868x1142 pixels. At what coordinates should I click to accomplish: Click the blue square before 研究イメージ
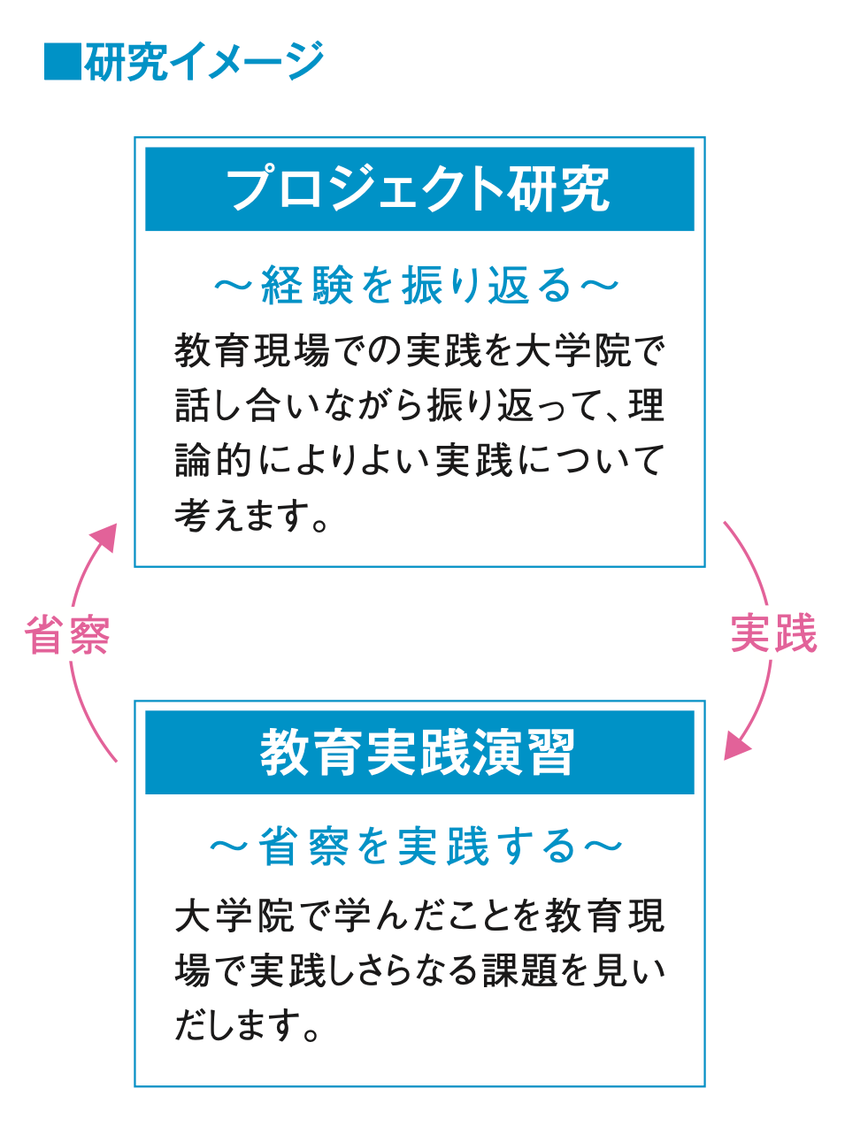(61, 62)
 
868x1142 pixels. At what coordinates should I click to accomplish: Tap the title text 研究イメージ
(204, 62)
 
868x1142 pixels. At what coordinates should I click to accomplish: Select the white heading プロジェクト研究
(419, 189)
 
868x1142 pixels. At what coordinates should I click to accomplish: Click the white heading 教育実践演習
(419, 753)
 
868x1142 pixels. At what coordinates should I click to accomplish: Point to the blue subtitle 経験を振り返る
(417, 286)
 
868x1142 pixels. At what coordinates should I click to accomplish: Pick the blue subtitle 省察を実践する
(417, 847)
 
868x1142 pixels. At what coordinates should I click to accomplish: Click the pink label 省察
(68, 634)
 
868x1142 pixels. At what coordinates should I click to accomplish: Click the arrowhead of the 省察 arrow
(105, 536)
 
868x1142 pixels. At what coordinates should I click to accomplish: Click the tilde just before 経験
(232, 286)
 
